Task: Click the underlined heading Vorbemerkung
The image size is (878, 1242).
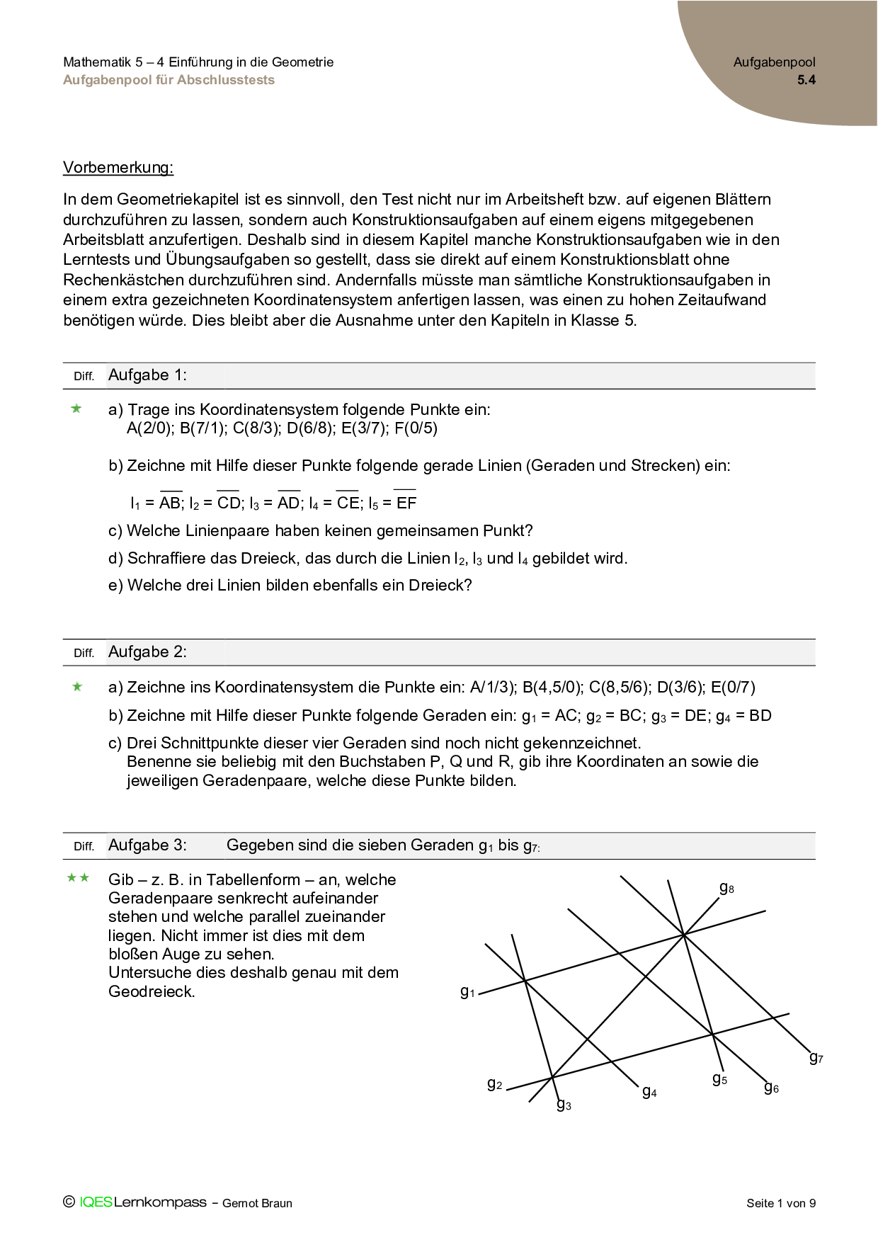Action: click(118, 168)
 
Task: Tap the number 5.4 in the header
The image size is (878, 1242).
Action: click(806, 80)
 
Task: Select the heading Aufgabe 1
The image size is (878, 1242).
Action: click(147, 375)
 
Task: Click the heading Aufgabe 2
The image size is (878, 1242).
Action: click(147, 652)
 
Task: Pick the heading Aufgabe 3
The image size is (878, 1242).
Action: click(147, 845)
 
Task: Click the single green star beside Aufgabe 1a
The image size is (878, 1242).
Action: click(76, 409)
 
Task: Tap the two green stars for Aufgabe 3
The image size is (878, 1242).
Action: click(78, 879)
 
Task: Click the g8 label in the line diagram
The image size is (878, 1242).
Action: click(726, 888)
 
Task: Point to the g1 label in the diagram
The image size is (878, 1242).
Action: click(467, 992)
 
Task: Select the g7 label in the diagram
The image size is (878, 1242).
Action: click(816, 1058)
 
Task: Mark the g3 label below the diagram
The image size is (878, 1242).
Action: click(564, 1105)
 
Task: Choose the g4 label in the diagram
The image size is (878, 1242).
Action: click(649, 1092)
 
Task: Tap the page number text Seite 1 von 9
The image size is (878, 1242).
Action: click(780, 1203)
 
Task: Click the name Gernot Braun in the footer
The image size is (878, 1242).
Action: click(257, 1203)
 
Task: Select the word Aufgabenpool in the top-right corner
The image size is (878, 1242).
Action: click(774, 62)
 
